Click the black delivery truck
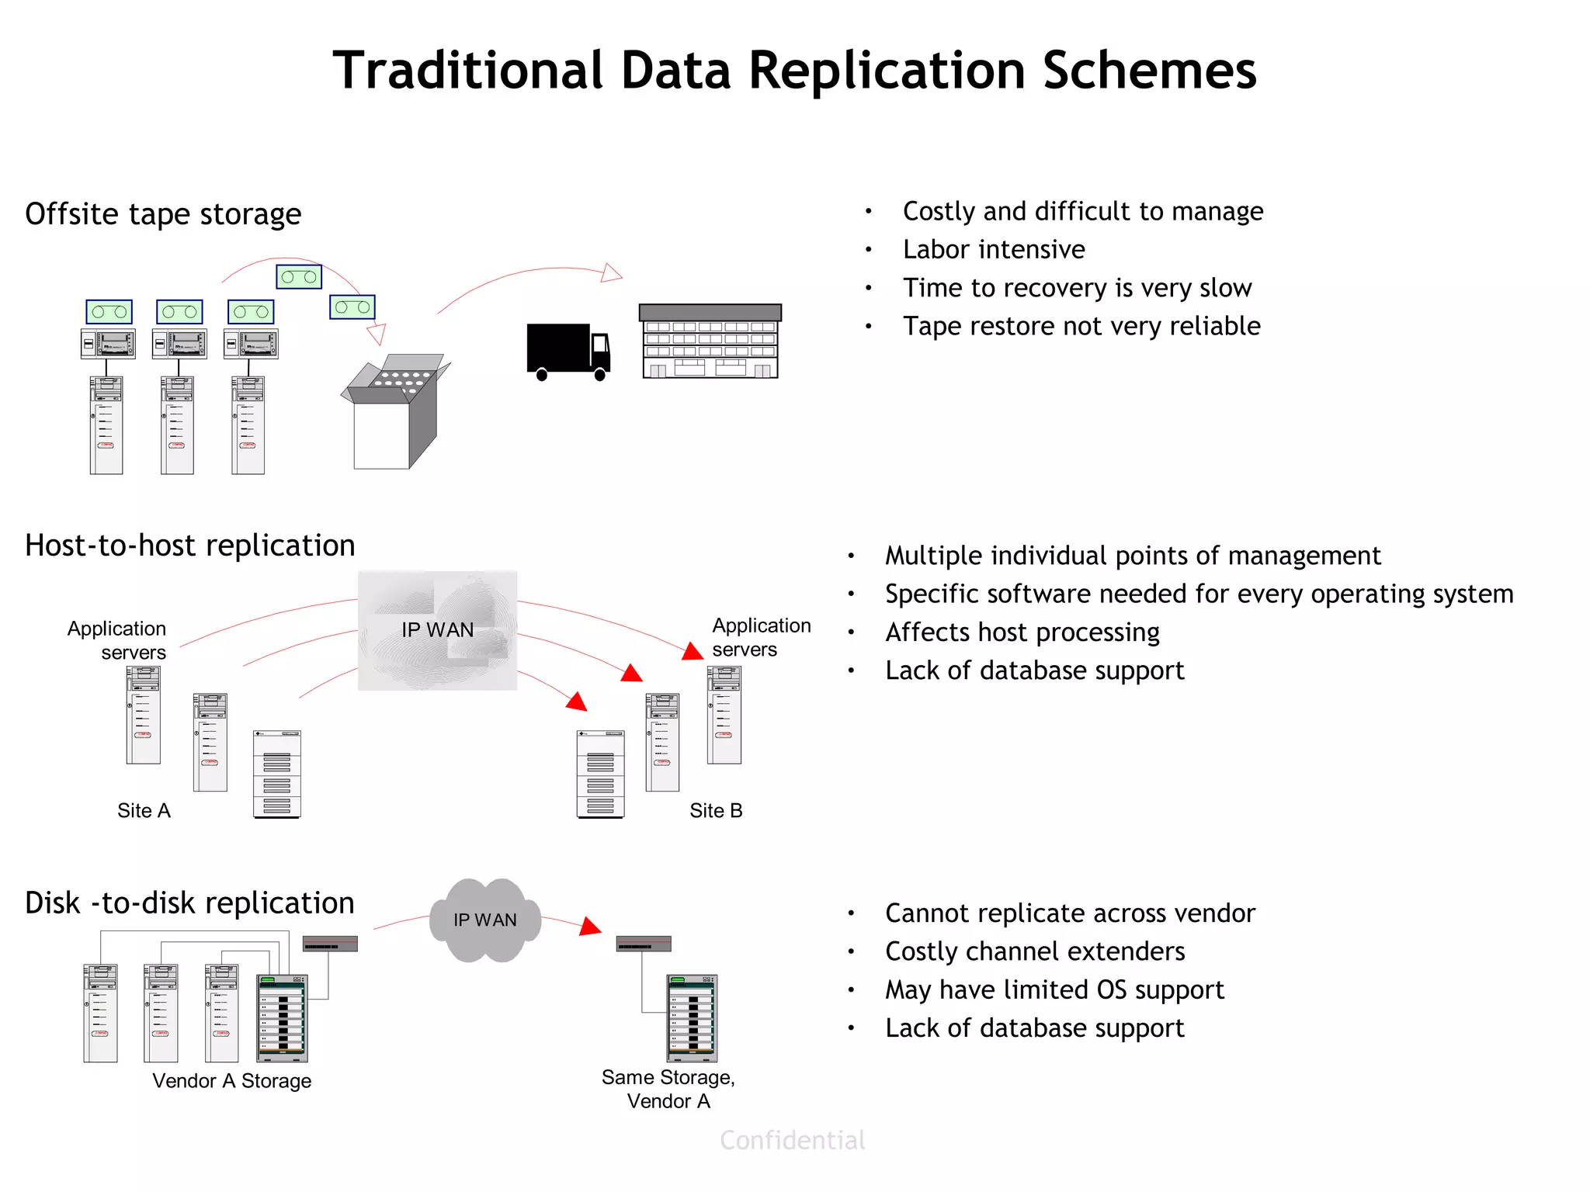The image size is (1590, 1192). (x=567, y=351)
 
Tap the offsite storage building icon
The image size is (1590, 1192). (x=710, y=341)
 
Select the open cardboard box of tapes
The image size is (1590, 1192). (x=394, y=415)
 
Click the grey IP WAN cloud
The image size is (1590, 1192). (x=485, y=920)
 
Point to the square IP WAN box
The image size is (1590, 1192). (x=437, y=630)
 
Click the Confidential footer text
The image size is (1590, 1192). (x=792, y=1140)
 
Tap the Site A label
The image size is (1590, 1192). (x=144, y=810)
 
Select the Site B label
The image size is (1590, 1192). (x=716, y=810)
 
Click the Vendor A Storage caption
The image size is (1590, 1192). (x=231, y=1081)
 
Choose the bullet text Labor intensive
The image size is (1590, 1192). (x=994, y=250)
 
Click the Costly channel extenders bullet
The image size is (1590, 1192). (x=1034, y=951)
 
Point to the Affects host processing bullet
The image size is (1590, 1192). (x=1022, y=632)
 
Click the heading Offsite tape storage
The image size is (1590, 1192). (x=163, y=214)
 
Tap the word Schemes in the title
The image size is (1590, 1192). (x=1149, y=71)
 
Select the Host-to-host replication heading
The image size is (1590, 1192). (x=190, y=546)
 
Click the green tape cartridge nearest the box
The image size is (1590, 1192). (x=352, y=307)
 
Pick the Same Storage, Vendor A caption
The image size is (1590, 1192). (x=668, y=1089)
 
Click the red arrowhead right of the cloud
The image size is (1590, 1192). (x=591, y=927)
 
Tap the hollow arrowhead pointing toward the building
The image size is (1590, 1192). (x=612, y=273)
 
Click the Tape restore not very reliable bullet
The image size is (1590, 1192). (x=1081, y=326)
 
